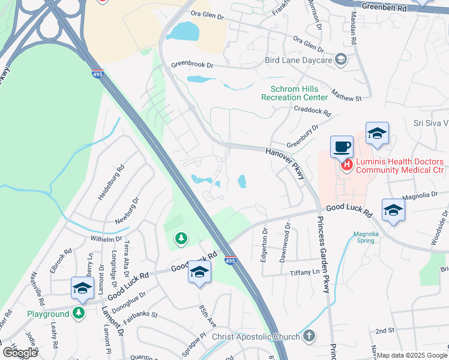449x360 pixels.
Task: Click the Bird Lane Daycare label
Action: [x=299, y=61]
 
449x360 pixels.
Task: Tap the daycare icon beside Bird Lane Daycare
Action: [x=341, y=59]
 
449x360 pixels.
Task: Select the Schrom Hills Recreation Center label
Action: [x=295, y=92]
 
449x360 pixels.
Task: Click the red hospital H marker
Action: [x=346, y=165]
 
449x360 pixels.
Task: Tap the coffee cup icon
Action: [x=342, y=146]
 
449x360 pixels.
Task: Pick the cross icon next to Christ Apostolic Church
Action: [x=309, y=336]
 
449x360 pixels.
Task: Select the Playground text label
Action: [x=48, y=314]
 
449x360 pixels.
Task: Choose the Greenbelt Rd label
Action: [x=384, y=8]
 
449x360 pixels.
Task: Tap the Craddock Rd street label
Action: [x=313, y=110]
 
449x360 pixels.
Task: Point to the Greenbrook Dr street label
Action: [x=192, y=64]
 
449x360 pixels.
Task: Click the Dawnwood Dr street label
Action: [x=289, y=236]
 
